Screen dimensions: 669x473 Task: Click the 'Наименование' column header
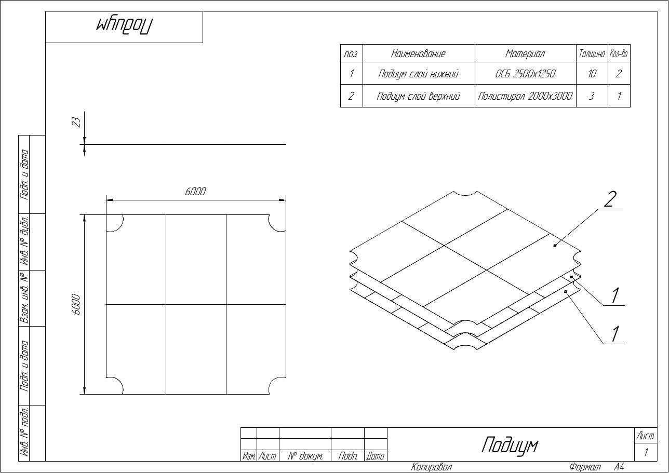[x=418, y=54]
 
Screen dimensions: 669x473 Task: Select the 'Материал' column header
[x=525, y=54]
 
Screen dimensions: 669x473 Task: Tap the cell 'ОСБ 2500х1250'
[x=525, y=73]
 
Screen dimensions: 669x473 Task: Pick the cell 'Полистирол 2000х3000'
[x=525, y=96]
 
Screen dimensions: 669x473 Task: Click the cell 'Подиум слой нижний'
[x=418, y=73]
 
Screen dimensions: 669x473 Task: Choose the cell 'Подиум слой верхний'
[x=418, y=96]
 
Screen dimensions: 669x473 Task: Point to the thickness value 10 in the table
[x=592, y=73]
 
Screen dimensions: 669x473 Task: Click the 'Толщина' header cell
[x=592, y=54]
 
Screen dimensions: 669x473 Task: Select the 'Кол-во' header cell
[x=619, y=54]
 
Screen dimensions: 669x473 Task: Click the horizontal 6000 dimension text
[x=195, y=192]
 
